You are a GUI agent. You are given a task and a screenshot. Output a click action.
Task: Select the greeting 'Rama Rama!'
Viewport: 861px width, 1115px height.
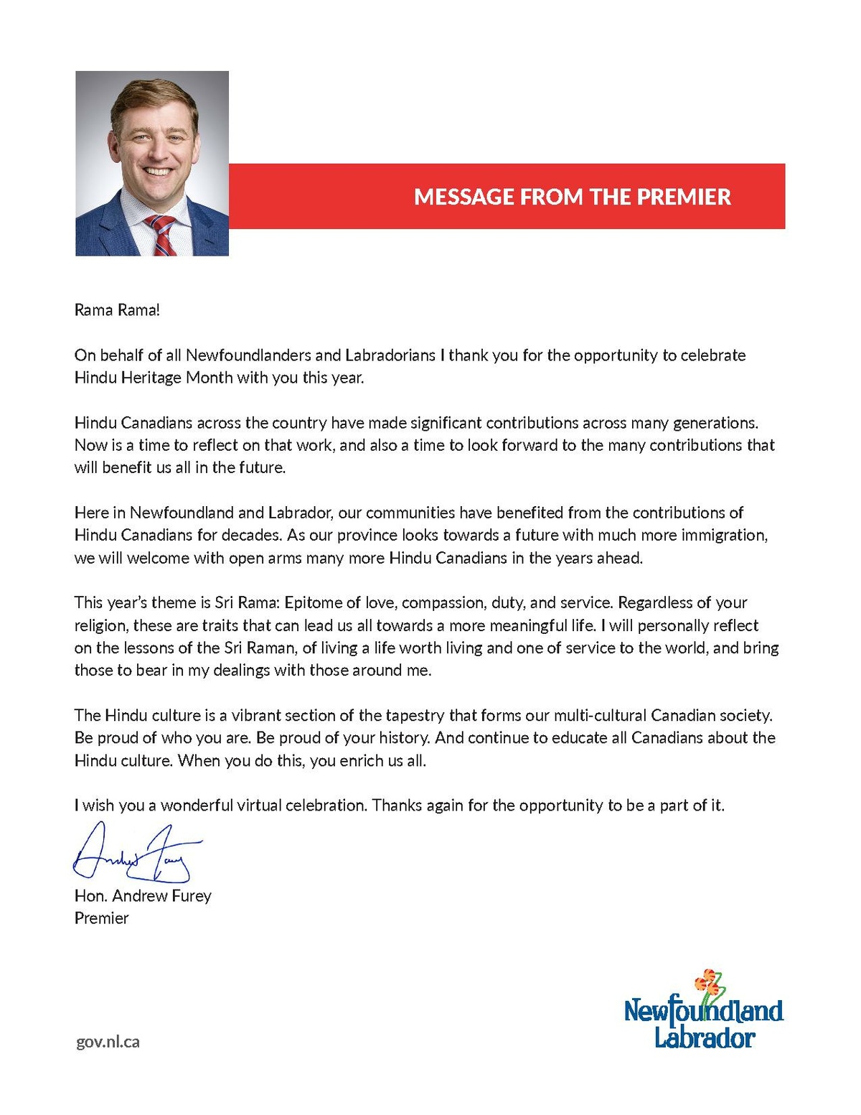point(117,310)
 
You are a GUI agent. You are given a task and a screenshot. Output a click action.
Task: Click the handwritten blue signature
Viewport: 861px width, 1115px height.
point(136,854)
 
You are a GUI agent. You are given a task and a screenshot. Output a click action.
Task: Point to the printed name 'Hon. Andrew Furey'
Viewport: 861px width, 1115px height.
point(143,896)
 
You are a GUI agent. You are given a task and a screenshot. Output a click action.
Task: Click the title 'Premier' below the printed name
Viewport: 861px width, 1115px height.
point(102,918)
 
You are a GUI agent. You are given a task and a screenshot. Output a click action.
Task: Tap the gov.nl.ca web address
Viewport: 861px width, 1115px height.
point(108,1042)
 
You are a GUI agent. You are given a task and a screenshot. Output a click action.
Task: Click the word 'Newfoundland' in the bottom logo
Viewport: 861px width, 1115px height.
point(703,1011)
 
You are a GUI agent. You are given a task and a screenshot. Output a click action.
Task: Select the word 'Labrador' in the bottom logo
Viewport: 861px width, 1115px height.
point(705,1037)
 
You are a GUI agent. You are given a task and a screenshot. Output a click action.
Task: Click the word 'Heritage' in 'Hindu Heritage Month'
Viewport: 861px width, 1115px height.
point(151,378)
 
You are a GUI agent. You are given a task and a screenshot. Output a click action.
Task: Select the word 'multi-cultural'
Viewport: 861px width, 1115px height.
point(600,715)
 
